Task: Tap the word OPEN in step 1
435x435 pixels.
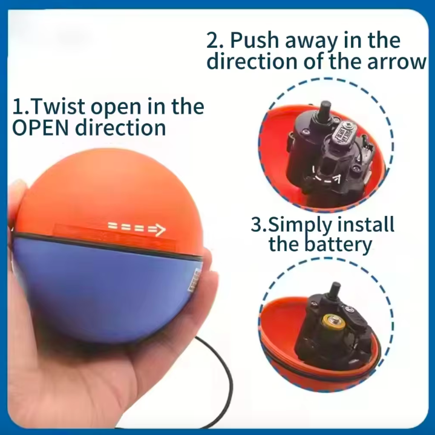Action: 40,128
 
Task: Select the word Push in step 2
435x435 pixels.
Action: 255,40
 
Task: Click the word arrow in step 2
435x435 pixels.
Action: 397,62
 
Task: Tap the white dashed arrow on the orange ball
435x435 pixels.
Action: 137,229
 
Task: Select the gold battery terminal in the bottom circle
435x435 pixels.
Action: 333,322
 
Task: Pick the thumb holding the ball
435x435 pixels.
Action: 16,200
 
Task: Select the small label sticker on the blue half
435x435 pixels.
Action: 194,280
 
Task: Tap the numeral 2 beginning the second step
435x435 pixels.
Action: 214,40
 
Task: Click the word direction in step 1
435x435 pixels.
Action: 120,128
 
